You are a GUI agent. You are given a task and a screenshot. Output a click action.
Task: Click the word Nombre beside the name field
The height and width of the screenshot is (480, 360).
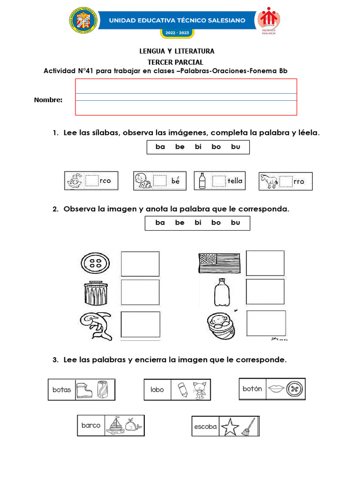[x=48, y=100]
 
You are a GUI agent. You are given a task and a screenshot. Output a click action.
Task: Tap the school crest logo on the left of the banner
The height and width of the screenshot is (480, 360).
[x=83, y=20]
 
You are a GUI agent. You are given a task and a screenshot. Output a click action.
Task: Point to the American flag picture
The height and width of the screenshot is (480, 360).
[x=219, y=263]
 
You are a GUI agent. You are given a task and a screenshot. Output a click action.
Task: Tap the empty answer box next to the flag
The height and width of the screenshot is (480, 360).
[x=265, y=263]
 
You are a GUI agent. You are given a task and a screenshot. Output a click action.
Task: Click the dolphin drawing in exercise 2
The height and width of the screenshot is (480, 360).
[x=97, y=325]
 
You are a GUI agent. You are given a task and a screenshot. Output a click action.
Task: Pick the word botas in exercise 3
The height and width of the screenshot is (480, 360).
[x=61, y=390]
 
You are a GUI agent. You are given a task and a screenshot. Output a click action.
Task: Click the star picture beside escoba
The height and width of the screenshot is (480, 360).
[x=230, y=426]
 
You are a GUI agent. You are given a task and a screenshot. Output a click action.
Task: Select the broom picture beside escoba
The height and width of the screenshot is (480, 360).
[x=248, y=427]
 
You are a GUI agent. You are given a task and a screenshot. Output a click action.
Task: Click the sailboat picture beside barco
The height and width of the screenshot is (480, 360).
[x=114, y=425]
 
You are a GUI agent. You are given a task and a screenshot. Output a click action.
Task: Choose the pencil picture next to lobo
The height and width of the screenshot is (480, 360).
[x=182, y=389]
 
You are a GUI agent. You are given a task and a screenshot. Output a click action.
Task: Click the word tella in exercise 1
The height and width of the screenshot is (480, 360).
[x=235, y=180]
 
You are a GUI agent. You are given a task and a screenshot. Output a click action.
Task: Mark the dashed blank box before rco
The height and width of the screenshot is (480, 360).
[x=92, y=181]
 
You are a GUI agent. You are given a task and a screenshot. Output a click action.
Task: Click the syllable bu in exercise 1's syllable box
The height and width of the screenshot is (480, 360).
[x=235, y=147]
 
